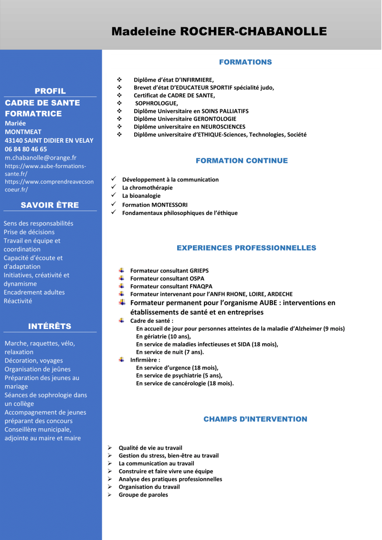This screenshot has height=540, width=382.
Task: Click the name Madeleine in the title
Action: click(143, 32)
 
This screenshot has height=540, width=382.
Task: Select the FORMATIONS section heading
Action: click(245, 62)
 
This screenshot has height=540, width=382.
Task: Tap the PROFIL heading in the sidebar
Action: click(50, 91)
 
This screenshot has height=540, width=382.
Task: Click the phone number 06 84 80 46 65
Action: click(26, 149)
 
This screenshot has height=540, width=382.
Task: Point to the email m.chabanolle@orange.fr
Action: click(41, 158)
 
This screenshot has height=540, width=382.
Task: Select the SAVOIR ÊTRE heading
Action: click(50, 205)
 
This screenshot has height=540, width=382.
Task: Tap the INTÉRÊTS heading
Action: click(50, 326)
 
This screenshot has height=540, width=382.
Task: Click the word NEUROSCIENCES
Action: click(220, 127)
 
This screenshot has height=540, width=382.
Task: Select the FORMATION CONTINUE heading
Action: click(242, 160)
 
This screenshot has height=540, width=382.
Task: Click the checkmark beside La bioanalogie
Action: click(114, 195)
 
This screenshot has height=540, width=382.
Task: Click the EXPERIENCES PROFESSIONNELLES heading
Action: click(246, 248)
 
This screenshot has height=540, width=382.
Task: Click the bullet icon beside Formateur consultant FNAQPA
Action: click(121, 286)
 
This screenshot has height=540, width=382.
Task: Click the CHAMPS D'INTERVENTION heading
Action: click(255, 419)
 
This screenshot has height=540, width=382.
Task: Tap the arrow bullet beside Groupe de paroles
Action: click(109, 495)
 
